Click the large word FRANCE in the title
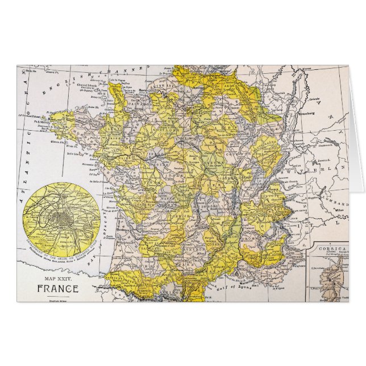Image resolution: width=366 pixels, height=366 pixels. [x=58, y=287]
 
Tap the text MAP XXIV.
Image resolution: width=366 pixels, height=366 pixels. [x=58, y=278]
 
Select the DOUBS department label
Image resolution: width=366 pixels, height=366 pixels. [x=265, y=161]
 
